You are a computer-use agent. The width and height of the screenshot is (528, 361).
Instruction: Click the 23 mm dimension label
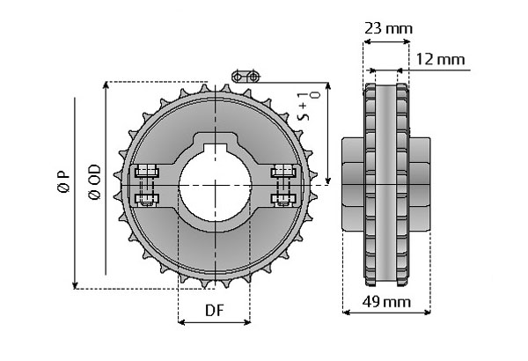point(388,28)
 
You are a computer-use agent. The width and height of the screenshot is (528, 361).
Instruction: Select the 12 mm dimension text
point(439,60)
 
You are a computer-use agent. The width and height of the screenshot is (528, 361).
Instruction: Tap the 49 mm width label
point(386,301)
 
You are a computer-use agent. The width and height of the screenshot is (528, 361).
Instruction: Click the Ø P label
point(62,187)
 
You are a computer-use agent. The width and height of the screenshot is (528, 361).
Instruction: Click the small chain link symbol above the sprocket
point(248,77)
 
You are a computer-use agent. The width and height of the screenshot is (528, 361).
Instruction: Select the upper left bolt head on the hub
point(146,170)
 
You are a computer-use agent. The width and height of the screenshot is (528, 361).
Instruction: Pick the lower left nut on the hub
point(146,198)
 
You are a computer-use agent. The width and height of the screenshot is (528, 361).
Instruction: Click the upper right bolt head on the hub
point(282,170)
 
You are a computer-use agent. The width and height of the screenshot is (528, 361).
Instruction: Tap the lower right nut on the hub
point(282,198)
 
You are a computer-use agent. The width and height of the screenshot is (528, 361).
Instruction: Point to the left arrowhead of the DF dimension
point(181,323)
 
